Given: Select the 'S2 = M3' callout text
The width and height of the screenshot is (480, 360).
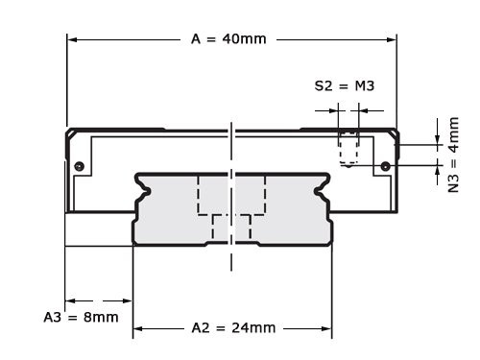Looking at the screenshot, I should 344,85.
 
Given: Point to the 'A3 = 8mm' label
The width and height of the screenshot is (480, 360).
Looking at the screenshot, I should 82,316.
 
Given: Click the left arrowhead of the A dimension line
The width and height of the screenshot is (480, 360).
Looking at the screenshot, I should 72,39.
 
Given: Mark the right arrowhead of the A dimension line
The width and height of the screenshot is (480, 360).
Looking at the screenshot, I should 391,39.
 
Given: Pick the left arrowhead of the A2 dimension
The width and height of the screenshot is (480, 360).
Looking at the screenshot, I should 138,327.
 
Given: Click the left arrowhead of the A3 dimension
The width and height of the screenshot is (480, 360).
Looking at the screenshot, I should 70,300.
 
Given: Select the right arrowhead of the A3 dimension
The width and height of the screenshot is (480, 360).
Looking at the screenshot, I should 127,300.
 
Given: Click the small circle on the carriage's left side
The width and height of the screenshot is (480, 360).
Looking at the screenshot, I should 80,167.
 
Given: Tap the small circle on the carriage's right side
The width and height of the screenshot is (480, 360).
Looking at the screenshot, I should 384,167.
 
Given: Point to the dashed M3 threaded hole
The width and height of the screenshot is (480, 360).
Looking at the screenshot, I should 349,149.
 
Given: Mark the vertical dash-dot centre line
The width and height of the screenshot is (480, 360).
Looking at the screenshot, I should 231,259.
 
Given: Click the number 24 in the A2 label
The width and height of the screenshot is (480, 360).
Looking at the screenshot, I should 241,327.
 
